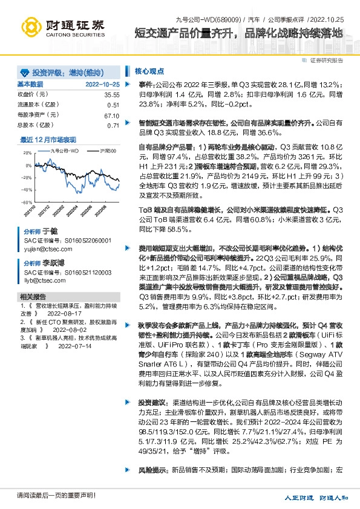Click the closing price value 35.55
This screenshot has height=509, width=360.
111,95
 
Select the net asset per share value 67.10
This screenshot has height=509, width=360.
111,115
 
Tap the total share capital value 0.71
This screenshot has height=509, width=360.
113,125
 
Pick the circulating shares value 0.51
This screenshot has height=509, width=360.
113,105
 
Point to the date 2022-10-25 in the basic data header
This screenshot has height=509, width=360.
103,85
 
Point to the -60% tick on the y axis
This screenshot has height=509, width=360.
26,203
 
